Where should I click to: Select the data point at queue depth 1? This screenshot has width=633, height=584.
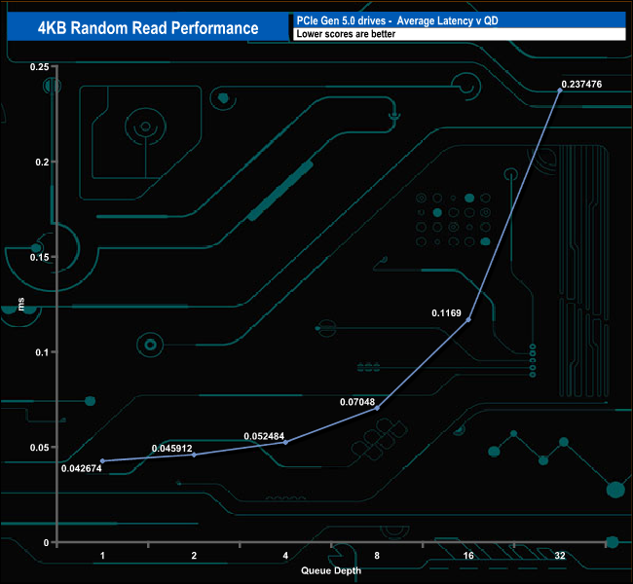pos(102,460)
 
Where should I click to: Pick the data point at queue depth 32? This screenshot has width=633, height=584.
pos(560,91)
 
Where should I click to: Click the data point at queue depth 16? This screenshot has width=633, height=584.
pos(468,319)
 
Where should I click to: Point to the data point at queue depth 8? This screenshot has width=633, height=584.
pos(377,408)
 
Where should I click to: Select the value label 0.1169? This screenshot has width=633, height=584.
pos(447,313)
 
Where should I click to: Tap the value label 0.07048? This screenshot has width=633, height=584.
pos(357,400)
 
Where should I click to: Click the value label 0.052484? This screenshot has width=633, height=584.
pos(265,435)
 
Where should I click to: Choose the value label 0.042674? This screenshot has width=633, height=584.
pos(82,468)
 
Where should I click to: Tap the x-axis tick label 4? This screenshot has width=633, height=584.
pos(285,556)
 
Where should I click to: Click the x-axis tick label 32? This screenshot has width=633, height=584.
pos(560,556)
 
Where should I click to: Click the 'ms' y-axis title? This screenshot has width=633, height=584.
pos(21,305)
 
